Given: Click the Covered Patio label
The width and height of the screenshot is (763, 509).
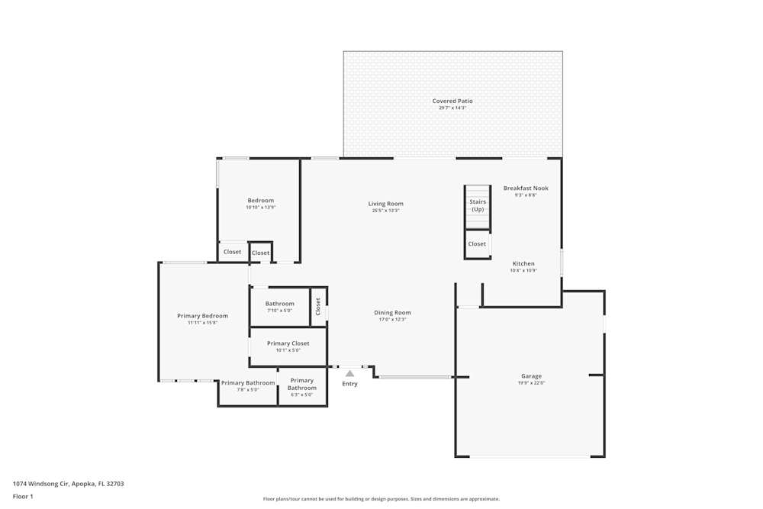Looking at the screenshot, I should (x=452, y=101).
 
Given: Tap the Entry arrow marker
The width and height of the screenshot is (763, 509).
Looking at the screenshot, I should (x=349, y=374).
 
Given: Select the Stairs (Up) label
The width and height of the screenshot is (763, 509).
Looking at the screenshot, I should (x=478, y=205).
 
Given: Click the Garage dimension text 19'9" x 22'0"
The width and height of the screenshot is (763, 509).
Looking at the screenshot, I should (x=532, y=383).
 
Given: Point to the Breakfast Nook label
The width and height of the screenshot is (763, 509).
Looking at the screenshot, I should (x=526, y=188).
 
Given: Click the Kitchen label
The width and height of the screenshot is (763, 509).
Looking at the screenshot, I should (x=523, y=263).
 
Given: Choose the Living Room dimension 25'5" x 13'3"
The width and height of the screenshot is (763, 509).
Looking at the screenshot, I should (x=386, y=211).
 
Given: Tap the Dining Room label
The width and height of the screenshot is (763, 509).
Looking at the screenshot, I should (x=392, y=312).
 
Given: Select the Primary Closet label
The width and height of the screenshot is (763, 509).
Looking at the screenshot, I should (x=288, y=343).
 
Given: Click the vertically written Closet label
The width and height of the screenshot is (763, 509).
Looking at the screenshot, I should (x=318, y=306).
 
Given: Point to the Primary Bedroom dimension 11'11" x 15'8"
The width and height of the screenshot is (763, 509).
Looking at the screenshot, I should (x=203, y=323).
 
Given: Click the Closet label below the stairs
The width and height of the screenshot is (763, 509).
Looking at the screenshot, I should (x=477, y=244).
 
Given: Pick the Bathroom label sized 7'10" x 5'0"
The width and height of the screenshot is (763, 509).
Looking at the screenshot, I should (x=280, y=304).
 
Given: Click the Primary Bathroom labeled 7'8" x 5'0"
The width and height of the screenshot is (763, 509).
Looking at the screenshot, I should (x=248, y=383).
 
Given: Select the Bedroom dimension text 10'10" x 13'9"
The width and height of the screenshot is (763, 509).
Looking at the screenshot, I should (x=260, y=208).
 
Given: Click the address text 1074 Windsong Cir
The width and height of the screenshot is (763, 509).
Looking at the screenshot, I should (x=68, y=483).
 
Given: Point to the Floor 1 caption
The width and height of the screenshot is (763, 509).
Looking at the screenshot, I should (x=23, y=496).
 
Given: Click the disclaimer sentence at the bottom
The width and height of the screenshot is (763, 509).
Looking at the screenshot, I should (x=381, y=499).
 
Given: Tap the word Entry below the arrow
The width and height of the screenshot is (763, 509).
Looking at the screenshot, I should (x=349, y=384).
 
